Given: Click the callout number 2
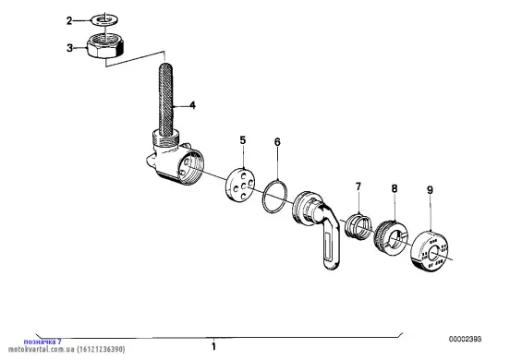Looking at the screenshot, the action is click(x=69, y=21).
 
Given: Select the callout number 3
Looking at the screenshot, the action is click(x=69, y=48).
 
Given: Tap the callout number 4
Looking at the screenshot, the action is click(x=192, y=105).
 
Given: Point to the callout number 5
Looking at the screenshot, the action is click(x=243, y=140).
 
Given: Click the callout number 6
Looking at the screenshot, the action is click(x=277, y=142).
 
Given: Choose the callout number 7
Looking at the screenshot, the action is click(x=358, y=186).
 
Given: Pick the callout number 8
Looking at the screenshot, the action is click(x=395, y=188).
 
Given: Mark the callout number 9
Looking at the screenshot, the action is click(x=430, y=190).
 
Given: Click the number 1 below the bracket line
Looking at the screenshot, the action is click(x=213, y=346).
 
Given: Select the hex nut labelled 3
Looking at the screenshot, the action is click(x=105, y=46).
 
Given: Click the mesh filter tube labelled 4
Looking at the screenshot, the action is click(x=165, y=100).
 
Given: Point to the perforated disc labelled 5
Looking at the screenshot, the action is click(x=240, y=185).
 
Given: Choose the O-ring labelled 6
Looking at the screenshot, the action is click(x=263, y=198).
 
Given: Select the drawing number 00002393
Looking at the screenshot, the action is click(x=465, y=339).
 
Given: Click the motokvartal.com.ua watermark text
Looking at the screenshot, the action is click(x=67, y=349).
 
